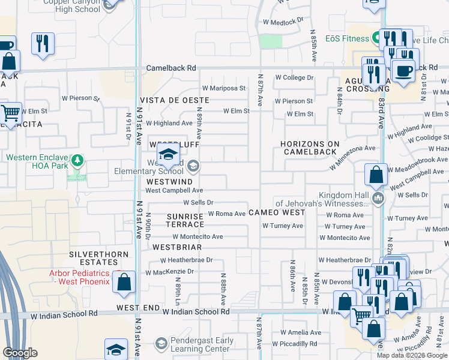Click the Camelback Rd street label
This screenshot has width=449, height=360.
tap(171, 68)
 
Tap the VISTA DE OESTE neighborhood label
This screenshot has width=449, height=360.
tap(175, 100)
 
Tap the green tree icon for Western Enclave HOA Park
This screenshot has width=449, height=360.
tap(77, 161)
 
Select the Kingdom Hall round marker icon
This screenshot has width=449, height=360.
tap(378, 198)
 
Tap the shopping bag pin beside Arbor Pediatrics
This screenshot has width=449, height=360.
tap(124, 282)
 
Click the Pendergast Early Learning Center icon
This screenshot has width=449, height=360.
tap(160, 343)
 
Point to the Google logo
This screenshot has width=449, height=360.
tap(20, 353)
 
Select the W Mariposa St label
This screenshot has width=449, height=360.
tap(223, 88)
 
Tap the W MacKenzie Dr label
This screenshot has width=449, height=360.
tap(170, 272)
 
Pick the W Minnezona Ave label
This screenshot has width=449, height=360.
tap(352, 148)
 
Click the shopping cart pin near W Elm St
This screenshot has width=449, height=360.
tap(11, 112)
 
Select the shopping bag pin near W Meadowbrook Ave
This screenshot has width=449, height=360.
tap(376, 175)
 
